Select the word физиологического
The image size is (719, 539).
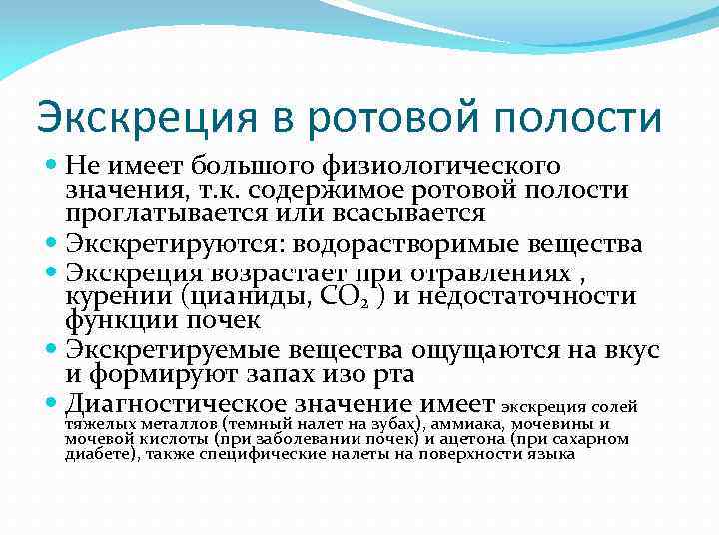point(446,166)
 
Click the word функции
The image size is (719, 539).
point(120,320)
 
